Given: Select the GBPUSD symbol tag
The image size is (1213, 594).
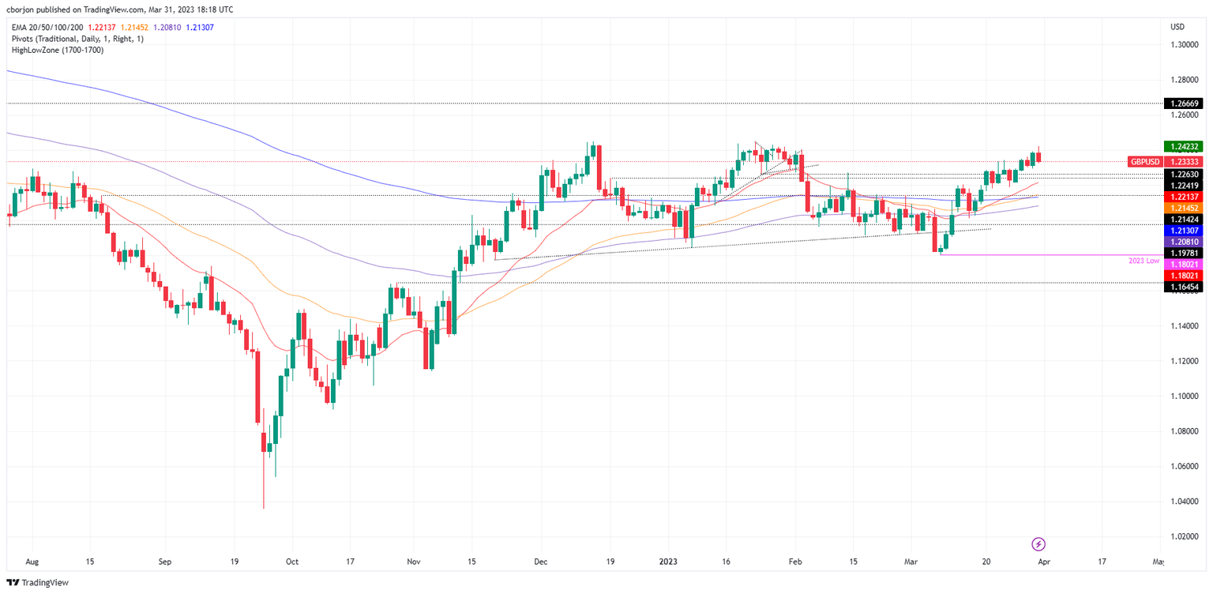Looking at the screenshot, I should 1145,161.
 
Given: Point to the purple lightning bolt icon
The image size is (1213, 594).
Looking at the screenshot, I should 1039,543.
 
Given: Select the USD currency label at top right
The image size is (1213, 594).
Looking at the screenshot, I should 1177,27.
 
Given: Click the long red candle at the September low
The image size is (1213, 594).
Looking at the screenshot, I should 257,387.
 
